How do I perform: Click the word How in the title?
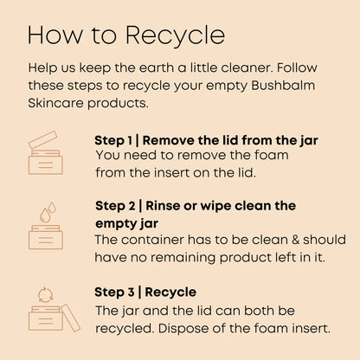pos(55,35)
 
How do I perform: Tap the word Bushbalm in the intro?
pos(283,86)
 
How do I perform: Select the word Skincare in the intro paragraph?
pos(55,103)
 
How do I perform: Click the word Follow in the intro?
pos(297,67)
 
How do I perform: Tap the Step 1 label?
pos(113,141)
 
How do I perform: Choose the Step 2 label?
pos(115,206)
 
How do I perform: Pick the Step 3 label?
pos(114,292)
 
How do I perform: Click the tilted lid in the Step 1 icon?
pos(43,139)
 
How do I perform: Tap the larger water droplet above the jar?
pos(44,215)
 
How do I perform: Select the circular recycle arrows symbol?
pos(46,294)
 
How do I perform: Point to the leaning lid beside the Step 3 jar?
pos(71,318)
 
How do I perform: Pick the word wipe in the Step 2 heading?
pos(215,207)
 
